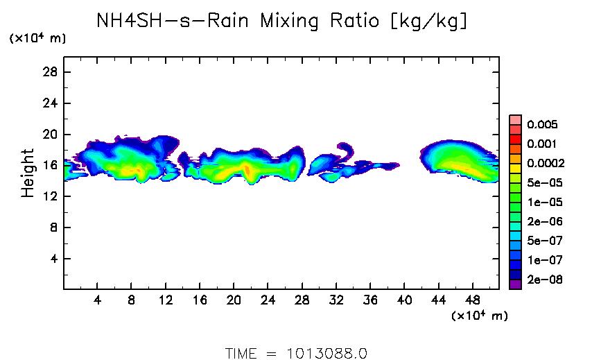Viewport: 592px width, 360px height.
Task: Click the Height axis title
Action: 28,173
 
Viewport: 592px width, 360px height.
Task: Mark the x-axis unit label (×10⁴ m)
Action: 479,316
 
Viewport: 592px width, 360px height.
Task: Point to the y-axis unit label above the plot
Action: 37,38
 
